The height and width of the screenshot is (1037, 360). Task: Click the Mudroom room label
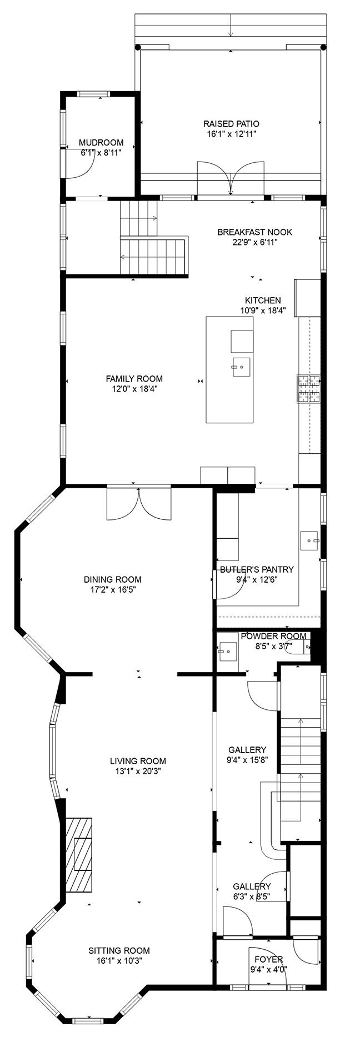click(101, 143)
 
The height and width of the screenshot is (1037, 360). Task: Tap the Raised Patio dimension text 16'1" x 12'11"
click(231, 134)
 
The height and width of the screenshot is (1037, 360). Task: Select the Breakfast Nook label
click(254, 232)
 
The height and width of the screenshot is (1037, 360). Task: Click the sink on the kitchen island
click(242, 367)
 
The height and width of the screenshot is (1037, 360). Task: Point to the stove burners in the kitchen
click(309, 388)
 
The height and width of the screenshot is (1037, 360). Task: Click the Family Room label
click(134, 379)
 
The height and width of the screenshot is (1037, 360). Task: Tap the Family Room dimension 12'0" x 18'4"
click(134, 389)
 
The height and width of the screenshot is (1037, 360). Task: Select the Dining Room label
click(113, 579)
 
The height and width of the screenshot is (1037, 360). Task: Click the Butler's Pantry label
click(257, 569)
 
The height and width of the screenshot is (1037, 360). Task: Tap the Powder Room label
click(273, 636)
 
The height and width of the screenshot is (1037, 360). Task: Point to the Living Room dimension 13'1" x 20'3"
click(138, 771)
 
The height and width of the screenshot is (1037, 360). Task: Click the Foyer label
click(268, 959)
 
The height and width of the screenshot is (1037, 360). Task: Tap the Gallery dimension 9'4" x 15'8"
click(247, 759)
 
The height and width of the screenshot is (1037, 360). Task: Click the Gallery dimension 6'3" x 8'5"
click(252, 896)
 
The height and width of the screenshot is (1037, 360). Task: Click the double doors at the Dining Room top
click(139, 503)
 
